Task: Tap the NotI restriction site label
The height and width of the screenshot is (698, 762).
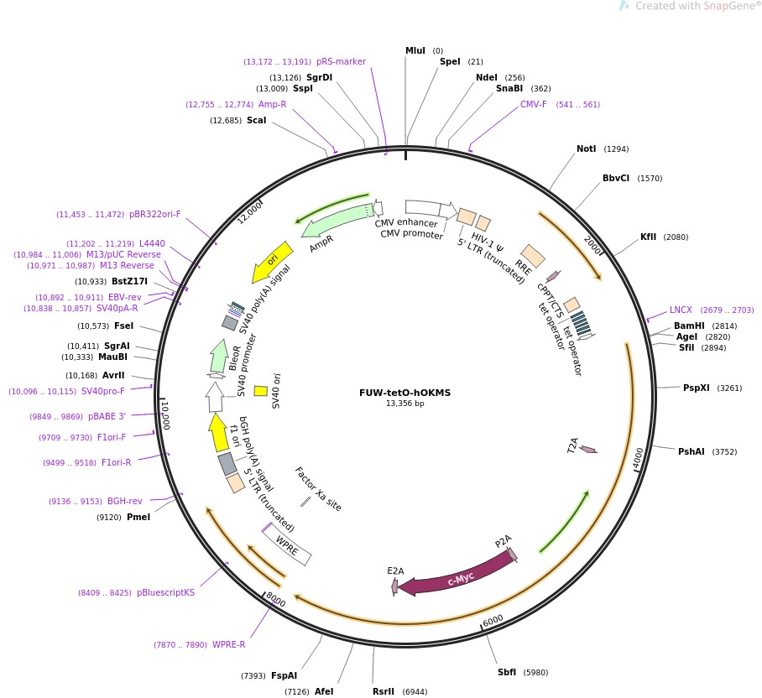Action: (x=586, y=149)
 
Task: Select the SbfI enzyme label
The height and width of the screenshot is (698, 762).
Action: (x=507, y=672)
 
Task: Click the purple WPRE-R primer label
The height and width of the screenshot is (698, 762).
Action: (x=228, y=644)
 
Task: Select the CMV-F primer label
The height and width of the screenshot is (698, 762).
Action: (x=533, y=105)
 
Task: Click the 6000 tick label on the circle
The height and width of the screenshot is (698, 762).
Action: (x=493, y=618)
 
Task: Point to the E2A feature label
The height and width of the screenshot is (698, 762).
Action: (x=395, y=570)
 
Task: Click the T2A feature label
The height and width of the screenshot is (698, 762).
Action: (x=573, y=445)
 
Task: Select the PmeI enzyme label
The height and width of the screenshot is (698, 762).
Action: (x=138, y=517)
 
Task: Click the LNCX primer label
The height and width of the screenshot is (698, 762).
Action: (x=681, y=310)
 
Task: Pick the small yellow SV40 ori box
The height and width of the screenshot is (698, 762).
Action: (x=260, y=390)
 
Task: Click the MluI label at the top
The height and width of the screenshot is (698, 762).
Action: (x=415, y=51)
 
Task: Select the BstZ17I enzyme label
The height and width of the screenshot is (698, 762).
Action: (x=129, y=281)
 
